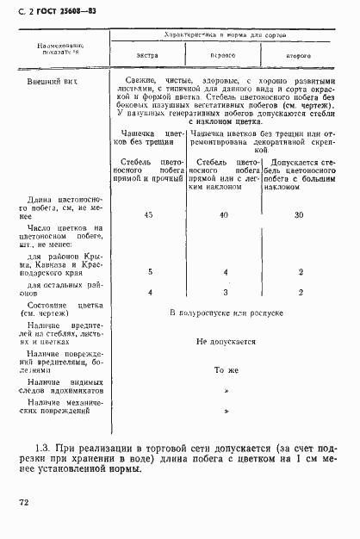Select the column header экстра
pyautogui.click(x=147, y=54)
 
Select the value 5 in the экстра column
pyautogui.click(x=149, y=272)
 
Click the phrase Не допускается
pyautogui.click(x=226, y=341)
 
